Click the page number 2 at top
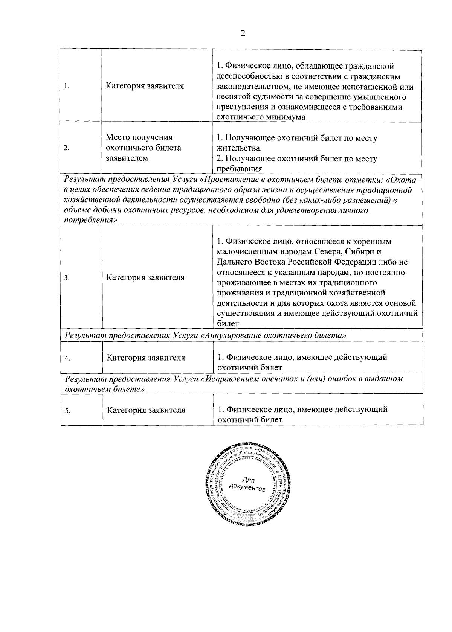[x=243, y=34]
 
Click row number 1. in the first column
[x=66, y=86]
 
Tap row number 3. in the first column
[x=66, y=278]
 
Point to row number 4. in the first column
[x=66, y=358]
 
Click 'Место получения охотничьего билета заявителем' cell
[x=143, y=148]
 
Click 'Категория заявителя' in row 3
[x=145, y=278]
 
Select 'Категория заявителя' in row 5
[x=146, y=410]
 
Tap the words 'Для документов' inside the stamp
[x=247, y=484]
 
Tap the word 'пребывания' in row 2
[x=239, y=169]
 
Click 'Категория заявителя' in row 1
[x=145, y=86]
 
